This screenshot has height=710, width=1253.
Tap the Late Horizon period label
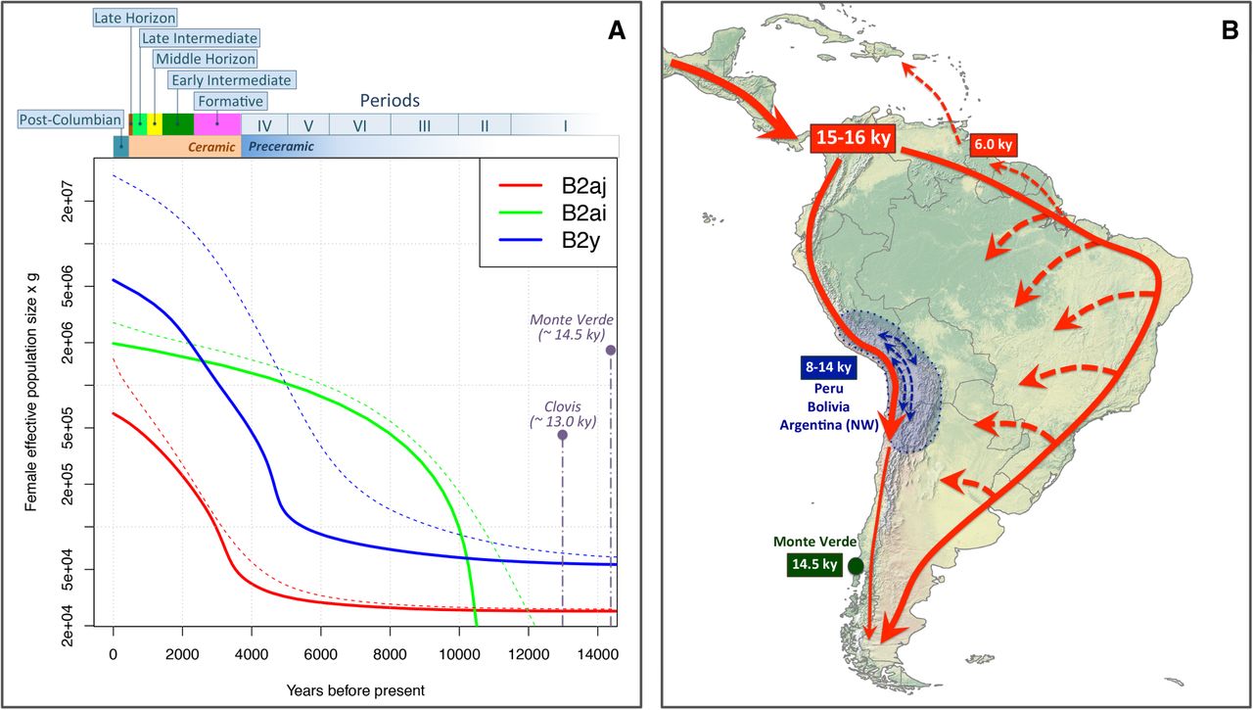(x=135, y=17)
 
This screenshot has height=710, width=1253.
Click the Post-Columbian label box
(x=70, y=119)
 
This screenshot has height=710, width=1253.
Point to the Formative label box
(x=230, y=100)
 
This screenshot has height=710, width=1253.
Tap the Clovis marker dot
(x=563, y=435)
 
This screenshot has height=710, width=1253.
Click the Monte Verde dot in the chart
(x=611, y=350)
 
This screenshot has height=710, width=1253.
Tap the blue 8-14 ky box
(x=825, y=369)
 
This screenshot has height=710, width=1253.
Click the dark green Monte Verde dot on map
(x=856, y=565)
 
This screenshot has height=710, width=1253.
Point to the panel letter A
(x=616, y=31)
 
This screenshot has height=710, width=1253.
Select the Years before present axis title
(x=355, y=689)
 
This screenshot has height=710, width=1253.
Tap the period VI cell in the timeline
(x=359, y=125)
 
